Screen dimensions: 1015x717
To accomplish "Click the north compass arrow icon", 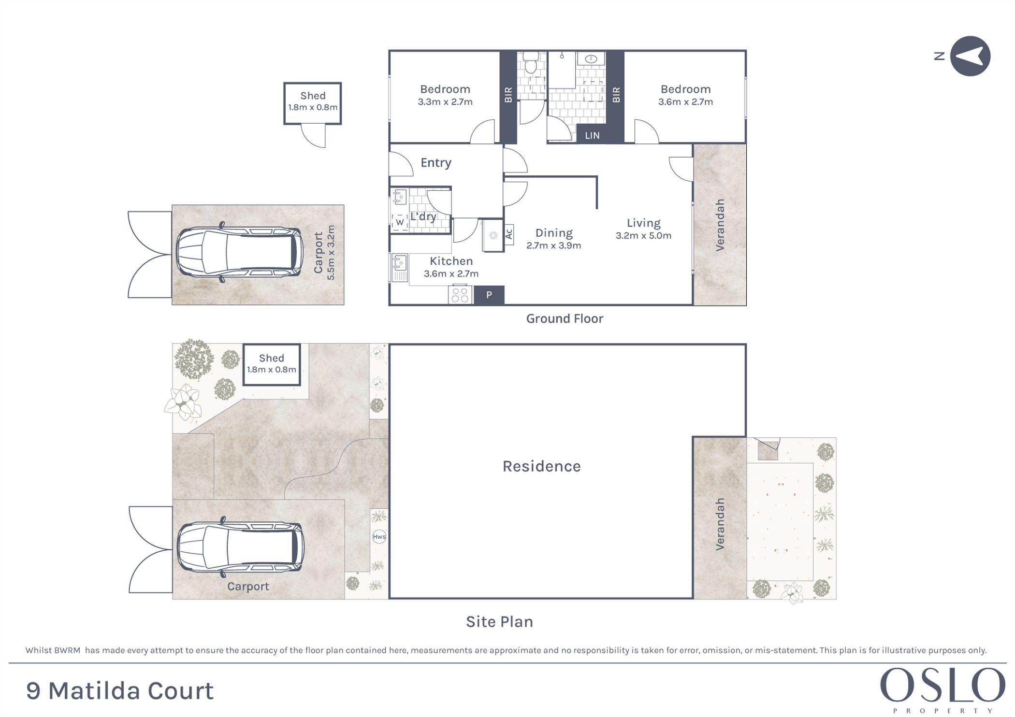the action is (970, 56).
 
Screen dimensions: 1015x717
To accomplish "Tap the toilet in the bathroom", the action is (531, 62).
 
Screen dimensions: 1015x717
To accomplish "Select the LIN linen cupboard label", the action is (592, 136).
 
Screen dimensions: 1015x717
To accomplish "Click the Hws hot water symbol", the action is (379, 536).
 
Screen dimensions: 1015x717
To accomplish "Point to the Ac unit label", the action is (508, 234).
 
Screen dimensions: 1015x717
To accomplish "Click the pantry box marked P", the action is (489, 295).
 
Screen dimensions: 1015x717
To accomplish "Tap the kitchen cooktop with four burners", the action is (461, 295).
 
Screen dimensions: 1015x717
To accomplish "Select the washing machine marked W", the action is (400, 222).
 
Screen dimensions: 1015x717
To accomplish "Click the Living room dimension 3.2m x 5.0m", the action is (643, 236).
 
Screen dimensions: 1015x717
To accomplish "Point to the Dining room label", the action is (554, 233).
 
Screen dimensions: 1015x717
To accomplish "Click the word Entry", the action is (436, 163).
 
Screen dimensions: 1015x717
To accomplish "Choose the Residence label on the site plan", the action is (542, 466).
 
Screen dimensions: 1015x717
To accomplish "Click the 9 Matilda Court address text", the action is (120, 691).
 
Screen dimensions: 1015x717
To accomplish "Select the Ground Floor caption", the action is (565, 319).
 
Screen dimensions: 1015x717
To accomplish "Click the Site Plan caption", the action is (499, 622).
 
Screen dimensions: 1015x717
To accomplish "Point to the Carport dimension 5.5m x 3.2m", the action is (331, 253).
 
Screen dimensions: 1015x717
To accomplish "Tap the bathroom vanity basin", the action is (591, 59).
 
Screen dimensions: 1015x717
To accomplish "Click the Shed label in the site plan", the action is (271, 358).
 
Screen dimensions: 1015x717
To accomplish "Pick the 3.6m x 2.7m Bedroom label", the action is (685, 96).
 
